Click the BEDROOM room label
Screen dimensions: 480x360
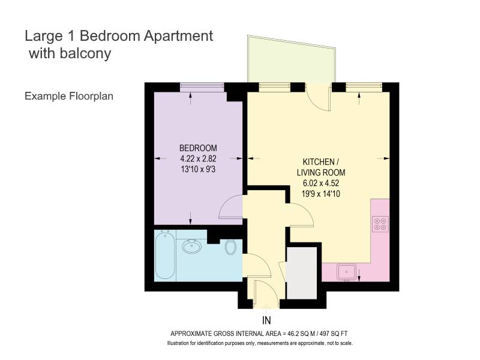(198, 148)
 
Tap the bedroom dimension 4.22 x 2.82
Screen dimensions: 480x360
(198, 158)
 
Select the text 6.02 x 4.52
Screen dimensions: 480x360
(321, 183)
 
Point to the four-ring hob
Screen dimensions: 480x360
(380, 224)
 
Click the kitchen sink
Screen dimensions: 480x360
(347, 272)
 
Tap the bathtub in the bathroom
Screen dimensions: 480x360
(165, 255)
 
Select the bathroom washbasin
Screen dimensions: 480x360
(191, 246)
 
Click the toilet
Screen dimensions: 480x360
(230, 247)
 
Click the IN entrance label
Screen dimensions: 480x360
(266, 320)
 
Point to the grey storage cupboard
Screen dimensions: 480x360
(302, 273)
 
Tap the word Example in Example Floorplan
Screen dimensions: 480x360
(46, 96)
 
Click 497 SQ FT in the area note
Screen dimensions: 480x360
(334, 334)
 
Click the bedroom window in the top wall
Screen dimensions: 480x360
(202, 87)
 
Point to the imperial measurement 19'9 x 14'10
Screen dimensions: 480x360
(321, 194)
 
